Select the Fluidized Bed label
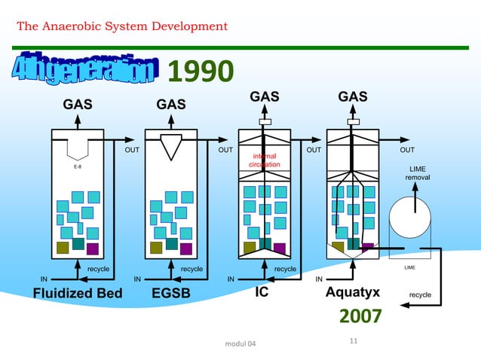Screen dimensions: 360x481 click(x=77, y=293)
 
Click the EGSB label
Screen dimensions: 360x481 click(x=171, y=293)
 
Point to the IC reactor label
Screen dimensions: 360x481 click(x=262, y=292)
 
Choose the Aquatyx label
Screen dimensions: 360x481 click(x=351, y=292)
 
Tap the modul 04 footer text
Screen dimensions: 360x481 click(x=240, y=344)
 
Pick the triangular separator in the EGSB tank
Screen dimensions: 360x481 click(x=172, y=146)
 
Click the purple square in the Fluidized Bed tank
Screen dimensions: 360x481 click(x=93, y=248)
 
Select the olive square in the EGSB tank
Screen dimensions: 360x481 click(x=156, y=248)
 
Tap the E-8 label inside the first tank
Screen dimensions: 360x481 click(x=78, y=167)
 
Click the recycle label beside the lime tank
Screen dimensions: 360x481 click(x=420, y=294)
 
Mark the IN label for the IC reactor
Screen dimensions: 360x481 click(x=232, y=279)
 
